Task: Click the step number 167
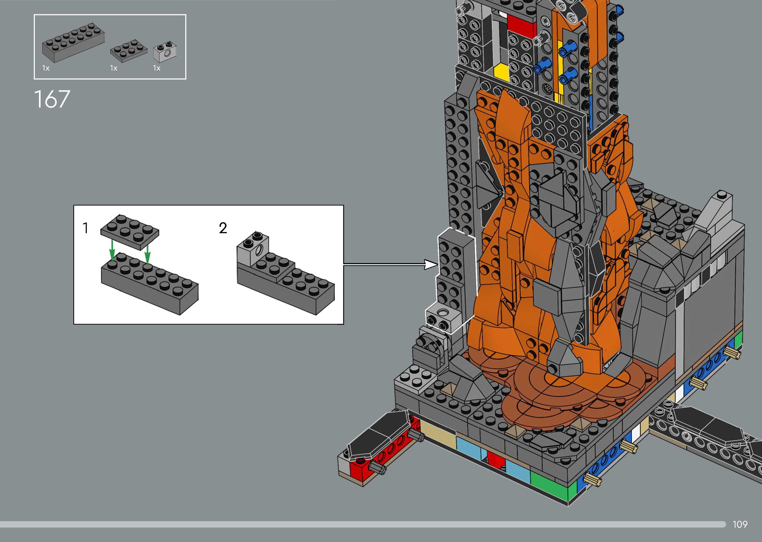click(x=52, y=99)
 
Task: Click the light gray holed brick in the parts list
click(x=165, y=52)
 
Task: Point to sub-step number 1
click(x=86, y=228)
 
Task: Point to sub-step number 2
click(x=223, y=228)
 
